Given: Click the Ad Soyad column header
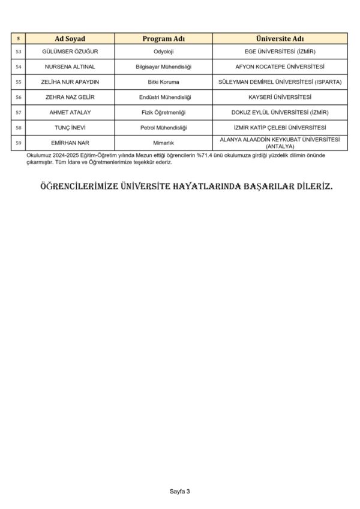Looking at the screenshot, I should pos(70,39).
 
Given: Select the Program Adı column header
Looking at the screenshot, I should pos(163,39).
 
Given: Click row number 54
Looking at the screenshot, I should pos(18,67).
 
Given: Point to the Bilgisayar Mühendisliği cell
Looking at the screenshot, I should pos(163,67).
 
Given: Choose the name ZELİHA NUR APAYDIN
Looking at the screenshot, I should pos(70,82).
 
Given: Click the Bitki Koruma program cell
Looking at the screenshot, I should pos(163,82).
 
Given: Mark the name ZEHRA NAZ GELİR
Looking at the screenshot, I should pos(70,97).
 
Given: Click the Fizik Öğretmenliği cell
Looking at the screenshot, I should pos(163,112).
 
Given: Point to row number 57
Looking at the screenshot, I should pos(18,112).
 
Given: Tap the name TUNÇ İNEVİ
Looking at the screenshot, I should pos(70,128).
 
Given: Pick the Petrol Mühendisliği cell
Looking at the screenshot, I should pos(163,128).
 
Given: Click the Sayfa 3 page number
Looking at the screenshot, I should pos(179,492).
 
